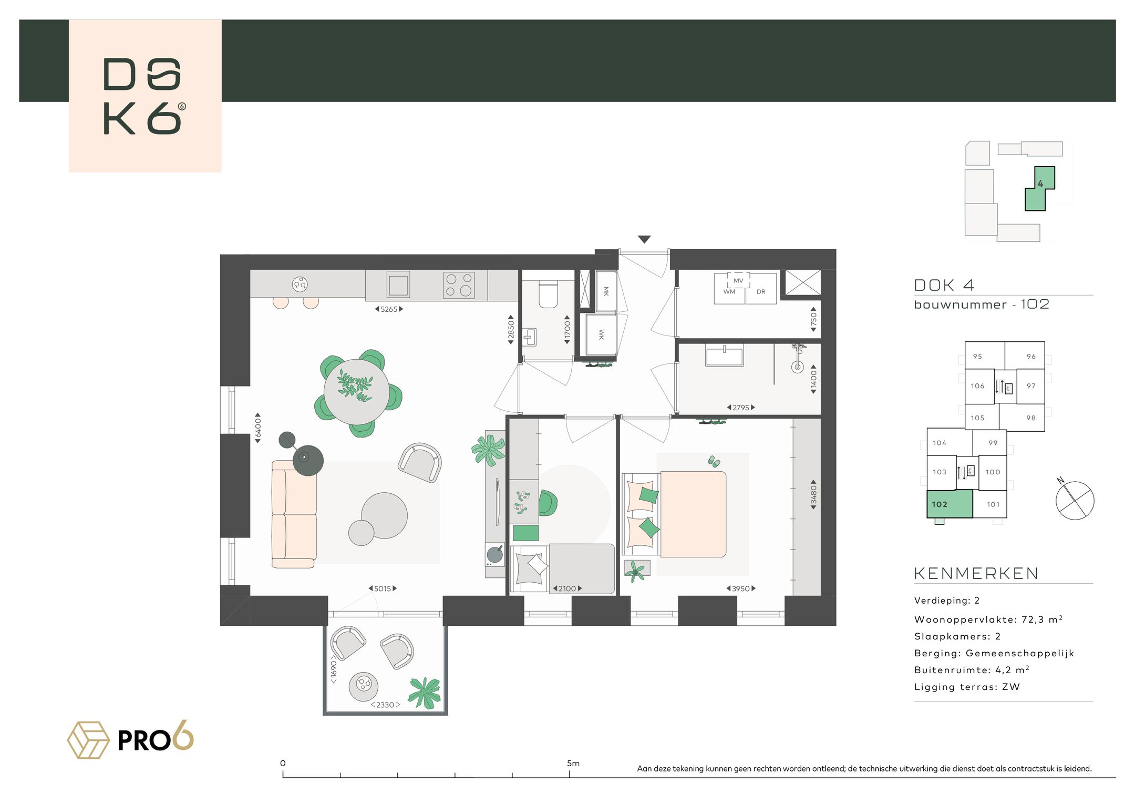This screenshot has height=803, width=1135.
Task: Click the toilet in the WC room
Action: pos(548,294)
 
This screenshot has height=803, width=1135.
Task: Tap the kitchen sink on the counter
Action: pos(398,284)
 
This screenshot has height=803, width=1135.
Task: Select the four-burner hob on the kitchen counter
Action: pos(459,285)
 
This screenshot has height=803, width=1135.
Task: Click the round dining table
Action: pos(356,392)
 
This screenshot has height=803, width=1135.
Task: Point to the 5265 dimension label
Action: pos(389,309)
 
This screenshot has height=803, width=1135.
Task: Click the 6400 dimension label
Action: pos(257,428)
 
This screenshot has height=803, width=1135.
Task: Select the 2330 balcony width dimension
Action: pos(385,705)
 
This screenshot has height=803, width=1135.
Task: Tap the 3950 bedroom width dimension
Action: pos(741,588)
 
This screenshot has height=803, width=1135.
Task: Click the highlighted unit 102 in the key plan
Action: pos(950,504)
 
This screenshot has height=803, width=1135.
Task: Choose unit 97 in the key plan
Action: pos(1031,386)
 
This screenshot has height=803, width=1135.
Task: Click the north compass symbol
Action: pos(1075,500)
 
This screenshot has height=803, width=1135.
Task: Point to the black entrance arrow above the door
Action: pos(644,239)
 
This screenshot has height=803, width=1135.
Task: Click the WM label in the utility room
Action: pos(729,292)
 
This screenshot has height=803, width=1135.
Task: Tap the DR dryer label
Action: pos(761,292)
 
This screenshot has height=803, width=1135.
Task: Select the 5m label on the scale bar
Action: pos(573,763)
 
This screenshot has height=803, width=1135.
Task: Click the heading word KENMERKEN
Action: pos(976,573)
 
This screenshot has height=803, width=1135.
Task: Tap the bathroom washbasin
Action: pos(725,355)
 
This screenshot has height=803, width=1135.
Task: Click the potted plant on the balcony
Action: pos(425,692)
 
